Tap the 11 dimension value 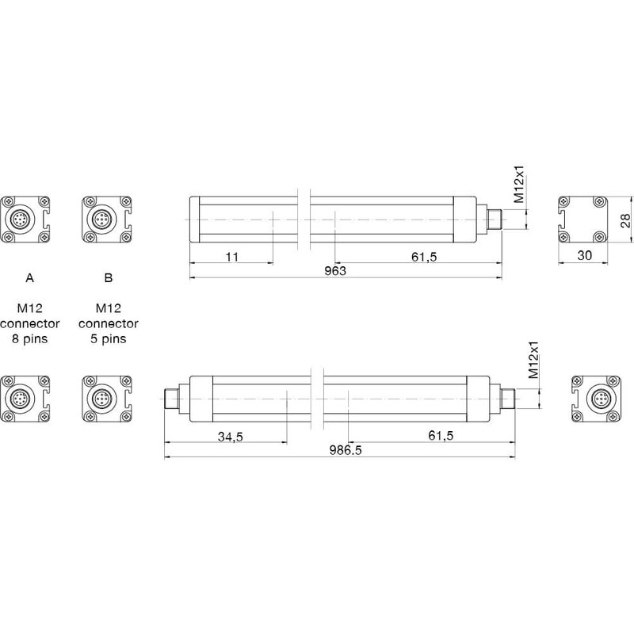click(x=231, y=257)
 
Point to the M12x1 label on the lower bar click(x=533, y=361)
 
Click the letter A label click(x=29, y=278)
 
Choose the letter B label click(x=109, y=278)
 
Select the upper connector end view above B click(x=105, y=219)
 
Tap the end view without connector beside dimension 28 click(x=582, y=219)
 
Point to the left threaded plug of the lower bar click(x=173, y=397)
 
